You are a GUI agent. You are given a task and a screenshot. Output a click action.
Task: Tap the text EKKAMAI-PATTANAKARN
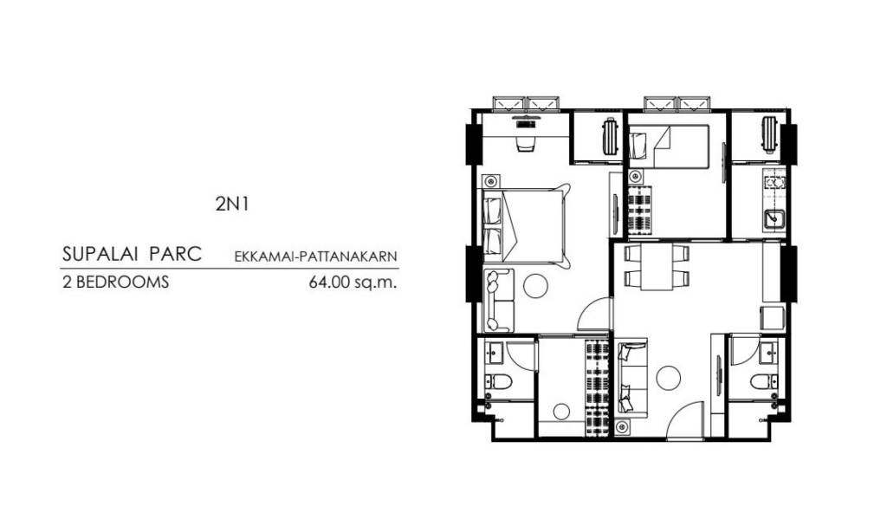[315, 257]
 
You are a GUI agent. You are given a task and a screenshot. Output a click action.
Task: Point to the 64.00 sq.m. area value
[353, 282]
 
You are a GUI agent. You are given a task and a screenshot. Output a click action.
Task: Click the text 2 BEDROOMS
[115, 282]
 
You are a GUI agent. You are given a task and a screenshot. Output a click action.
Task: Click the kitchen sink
[774, 219]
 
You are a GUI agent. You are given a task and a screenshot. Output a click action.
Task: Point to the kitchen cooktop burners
[774, 183]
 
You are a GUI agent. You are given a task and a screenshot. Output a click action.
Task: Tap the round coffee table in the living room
[668, 377]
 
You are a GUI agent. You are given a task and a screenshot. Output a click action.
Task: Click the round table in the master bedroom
[534, 285]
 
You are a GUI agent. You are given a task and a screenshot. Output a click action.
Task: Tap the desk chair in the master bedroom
[525, 144]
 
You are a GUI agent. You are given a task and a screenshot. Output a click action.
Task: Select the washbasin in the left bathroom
[495, 352]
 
